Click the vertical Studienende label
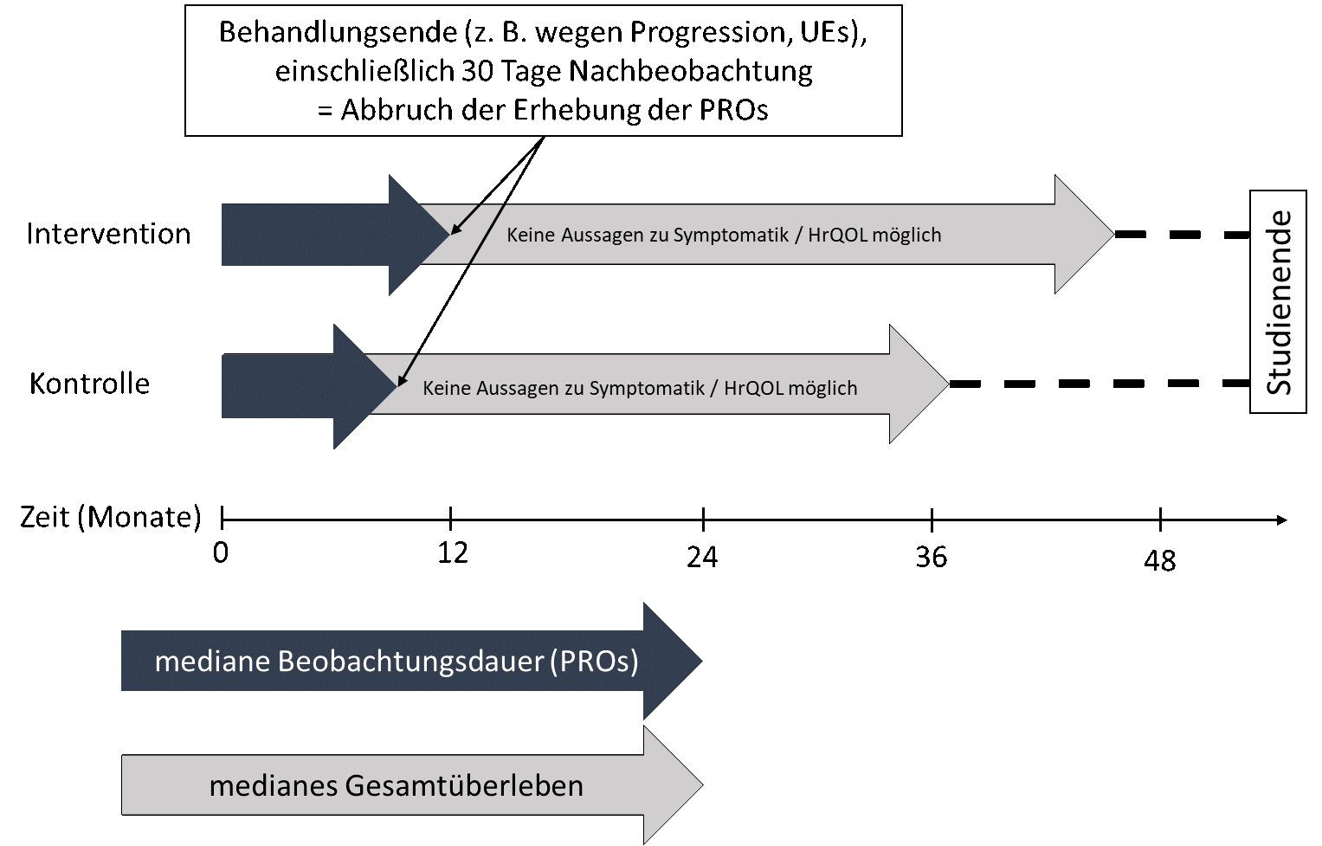(x=1279, y=302)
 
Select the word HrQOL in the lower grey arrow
(x=753, y=388)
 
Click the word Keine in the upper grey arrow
(x=531, y=235)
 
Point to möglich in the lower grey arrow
(x=823, y=388)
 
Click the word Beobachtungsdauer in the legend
(x=410, y=662)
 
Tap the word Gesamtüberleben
(x=464, y=786)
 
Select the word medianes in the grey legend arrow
(x=273, y=786)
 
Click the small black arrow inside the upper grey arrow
(x=465, y=219)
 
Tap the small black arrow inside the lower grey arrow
(x=408, y=370)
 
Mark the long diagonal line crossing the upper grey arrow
(x=486, y=235)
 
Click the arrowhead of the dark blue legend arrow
(x=671, y=662)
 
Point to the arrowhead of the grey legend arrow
(x=672, y=785)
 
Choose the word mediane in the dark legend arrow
(x=212, y=662)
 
